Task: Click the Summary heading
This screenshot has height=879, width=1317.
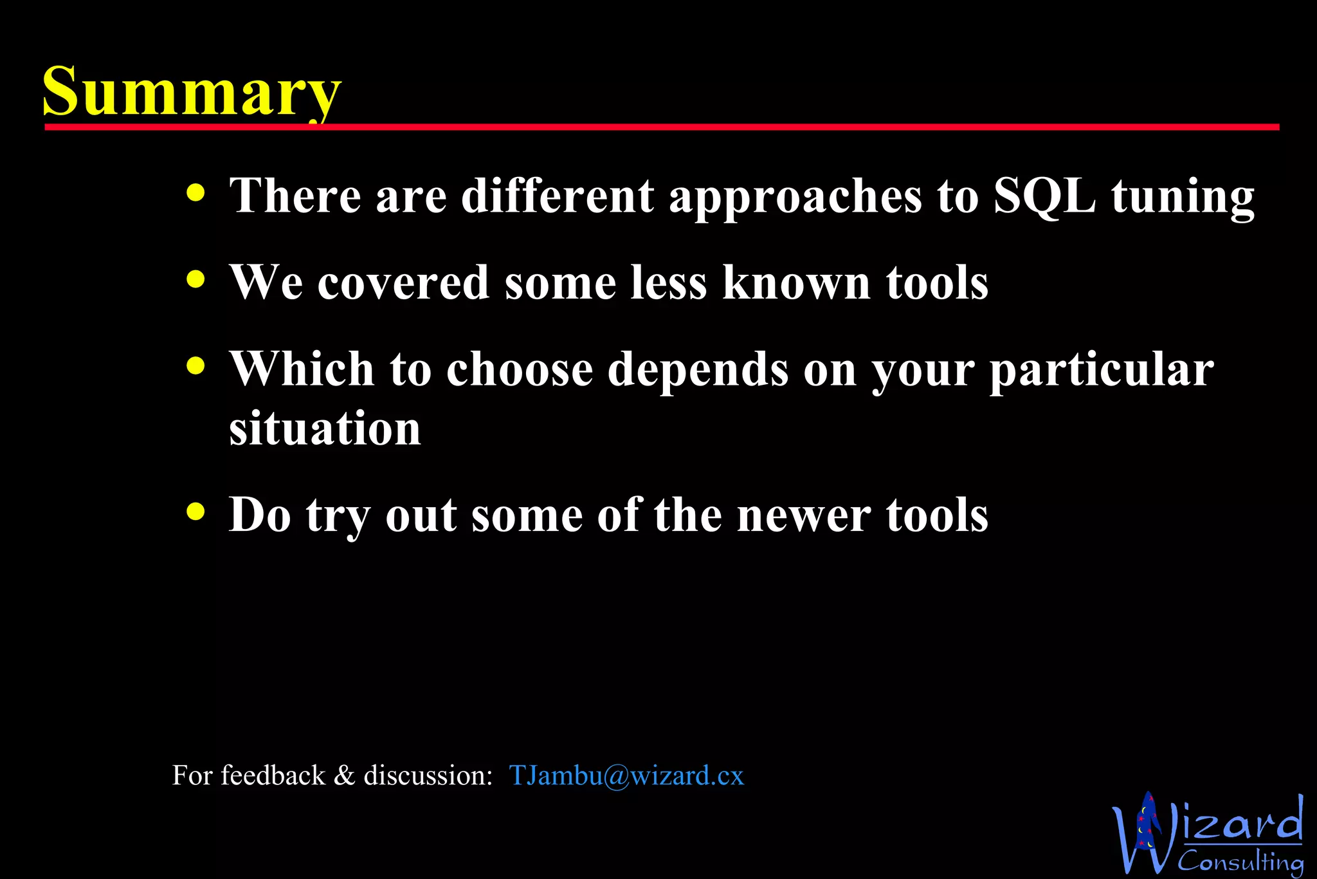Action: (x=192, y=91)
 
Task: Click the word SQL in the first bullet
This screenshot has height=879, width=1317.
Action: (x=1044, y=195)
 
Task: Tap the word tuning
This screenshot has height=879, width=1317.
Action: (x=1183, y=196)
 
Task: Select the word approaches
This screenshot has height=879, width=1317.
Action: (x=795, y=196)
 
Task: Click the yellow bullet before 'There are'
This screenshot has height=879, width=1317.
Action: (x=195, y=192)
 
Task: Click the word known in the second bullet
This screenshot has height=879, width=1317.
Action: (x=797, y=282)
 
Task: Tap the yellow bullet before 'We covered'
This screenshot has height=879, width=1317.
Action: (x=195, y=279)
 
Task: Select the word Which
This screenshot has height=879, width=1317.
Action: (x=302, y=369)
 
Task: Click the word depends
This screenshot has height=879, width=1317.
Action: (x=698, y=370)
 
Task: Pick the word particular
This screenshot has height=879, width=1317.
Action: (x=1101, y=370)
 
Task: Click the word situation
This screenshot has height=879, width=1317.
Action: (x=325, y=428)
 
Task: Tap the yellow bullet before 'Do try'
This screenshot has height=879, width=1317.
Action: (x=195, y=512)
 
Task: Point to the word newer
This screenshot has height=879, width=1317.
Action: (x=803, y=515)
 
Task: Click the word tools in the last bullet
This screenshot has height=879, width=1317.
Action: (x=937, y=515)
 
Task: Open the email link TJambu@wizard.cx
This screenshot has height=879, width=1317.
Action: (x=626, y=775)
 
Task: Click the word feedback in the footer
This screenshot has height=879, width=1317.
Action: (x=273, y=775)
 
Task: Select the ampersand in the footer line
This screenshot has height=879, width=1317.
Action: (x=345, y=775)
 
